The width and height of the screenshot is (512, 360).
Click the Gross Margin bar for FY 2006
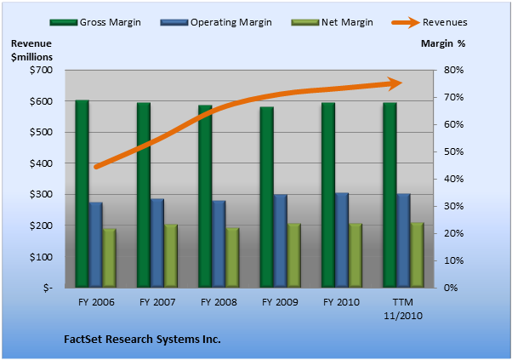click(82, 194)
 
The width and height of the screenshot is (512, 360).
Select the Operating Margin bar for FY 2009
click(280, 241)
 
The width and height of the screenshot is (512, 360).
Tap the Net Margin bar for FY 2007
click(171, 256)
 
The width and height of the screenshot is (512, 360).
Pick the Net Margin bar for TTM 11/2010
click(417, 255)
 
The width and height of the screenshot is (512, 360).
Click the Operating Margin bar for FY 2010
click(342, 241)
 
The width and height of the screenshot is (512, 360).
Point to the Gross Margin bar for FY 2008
click(205, 197)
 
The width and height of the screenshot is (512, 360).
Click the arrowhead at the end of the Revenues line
click(395, 83)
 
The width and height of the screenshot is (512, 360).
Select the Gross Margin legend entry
click(95, 22)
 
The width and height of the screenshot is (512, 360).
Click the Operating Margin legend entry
click(216, 22)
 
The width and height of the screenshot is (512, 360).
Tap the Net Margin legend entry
click(332, 22)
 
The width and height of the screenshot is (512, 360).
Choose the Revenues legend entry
click(430, 22)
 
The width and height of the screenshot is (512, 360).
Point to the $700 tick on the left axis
click(41, 70)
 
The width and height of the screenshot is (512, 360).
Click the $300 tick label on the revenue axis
click(41, 194)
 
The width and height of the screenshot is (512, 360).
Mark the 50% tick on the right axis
click(453, 151)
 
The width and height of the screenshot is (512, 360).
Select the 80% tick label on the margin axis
click(453, 70)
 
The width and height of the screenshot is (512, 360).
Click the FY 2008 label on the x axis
click(219, 302)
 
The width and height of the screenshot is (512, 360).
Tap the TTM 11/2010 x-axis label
click(403, 309)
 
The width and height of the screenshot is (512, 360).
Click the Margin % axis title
click(443, 43)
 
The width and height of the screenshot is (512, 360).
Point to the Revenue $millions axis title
click(31, 50)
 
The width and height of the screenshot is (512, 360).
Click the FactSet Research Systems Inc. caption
click(142, 339)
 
